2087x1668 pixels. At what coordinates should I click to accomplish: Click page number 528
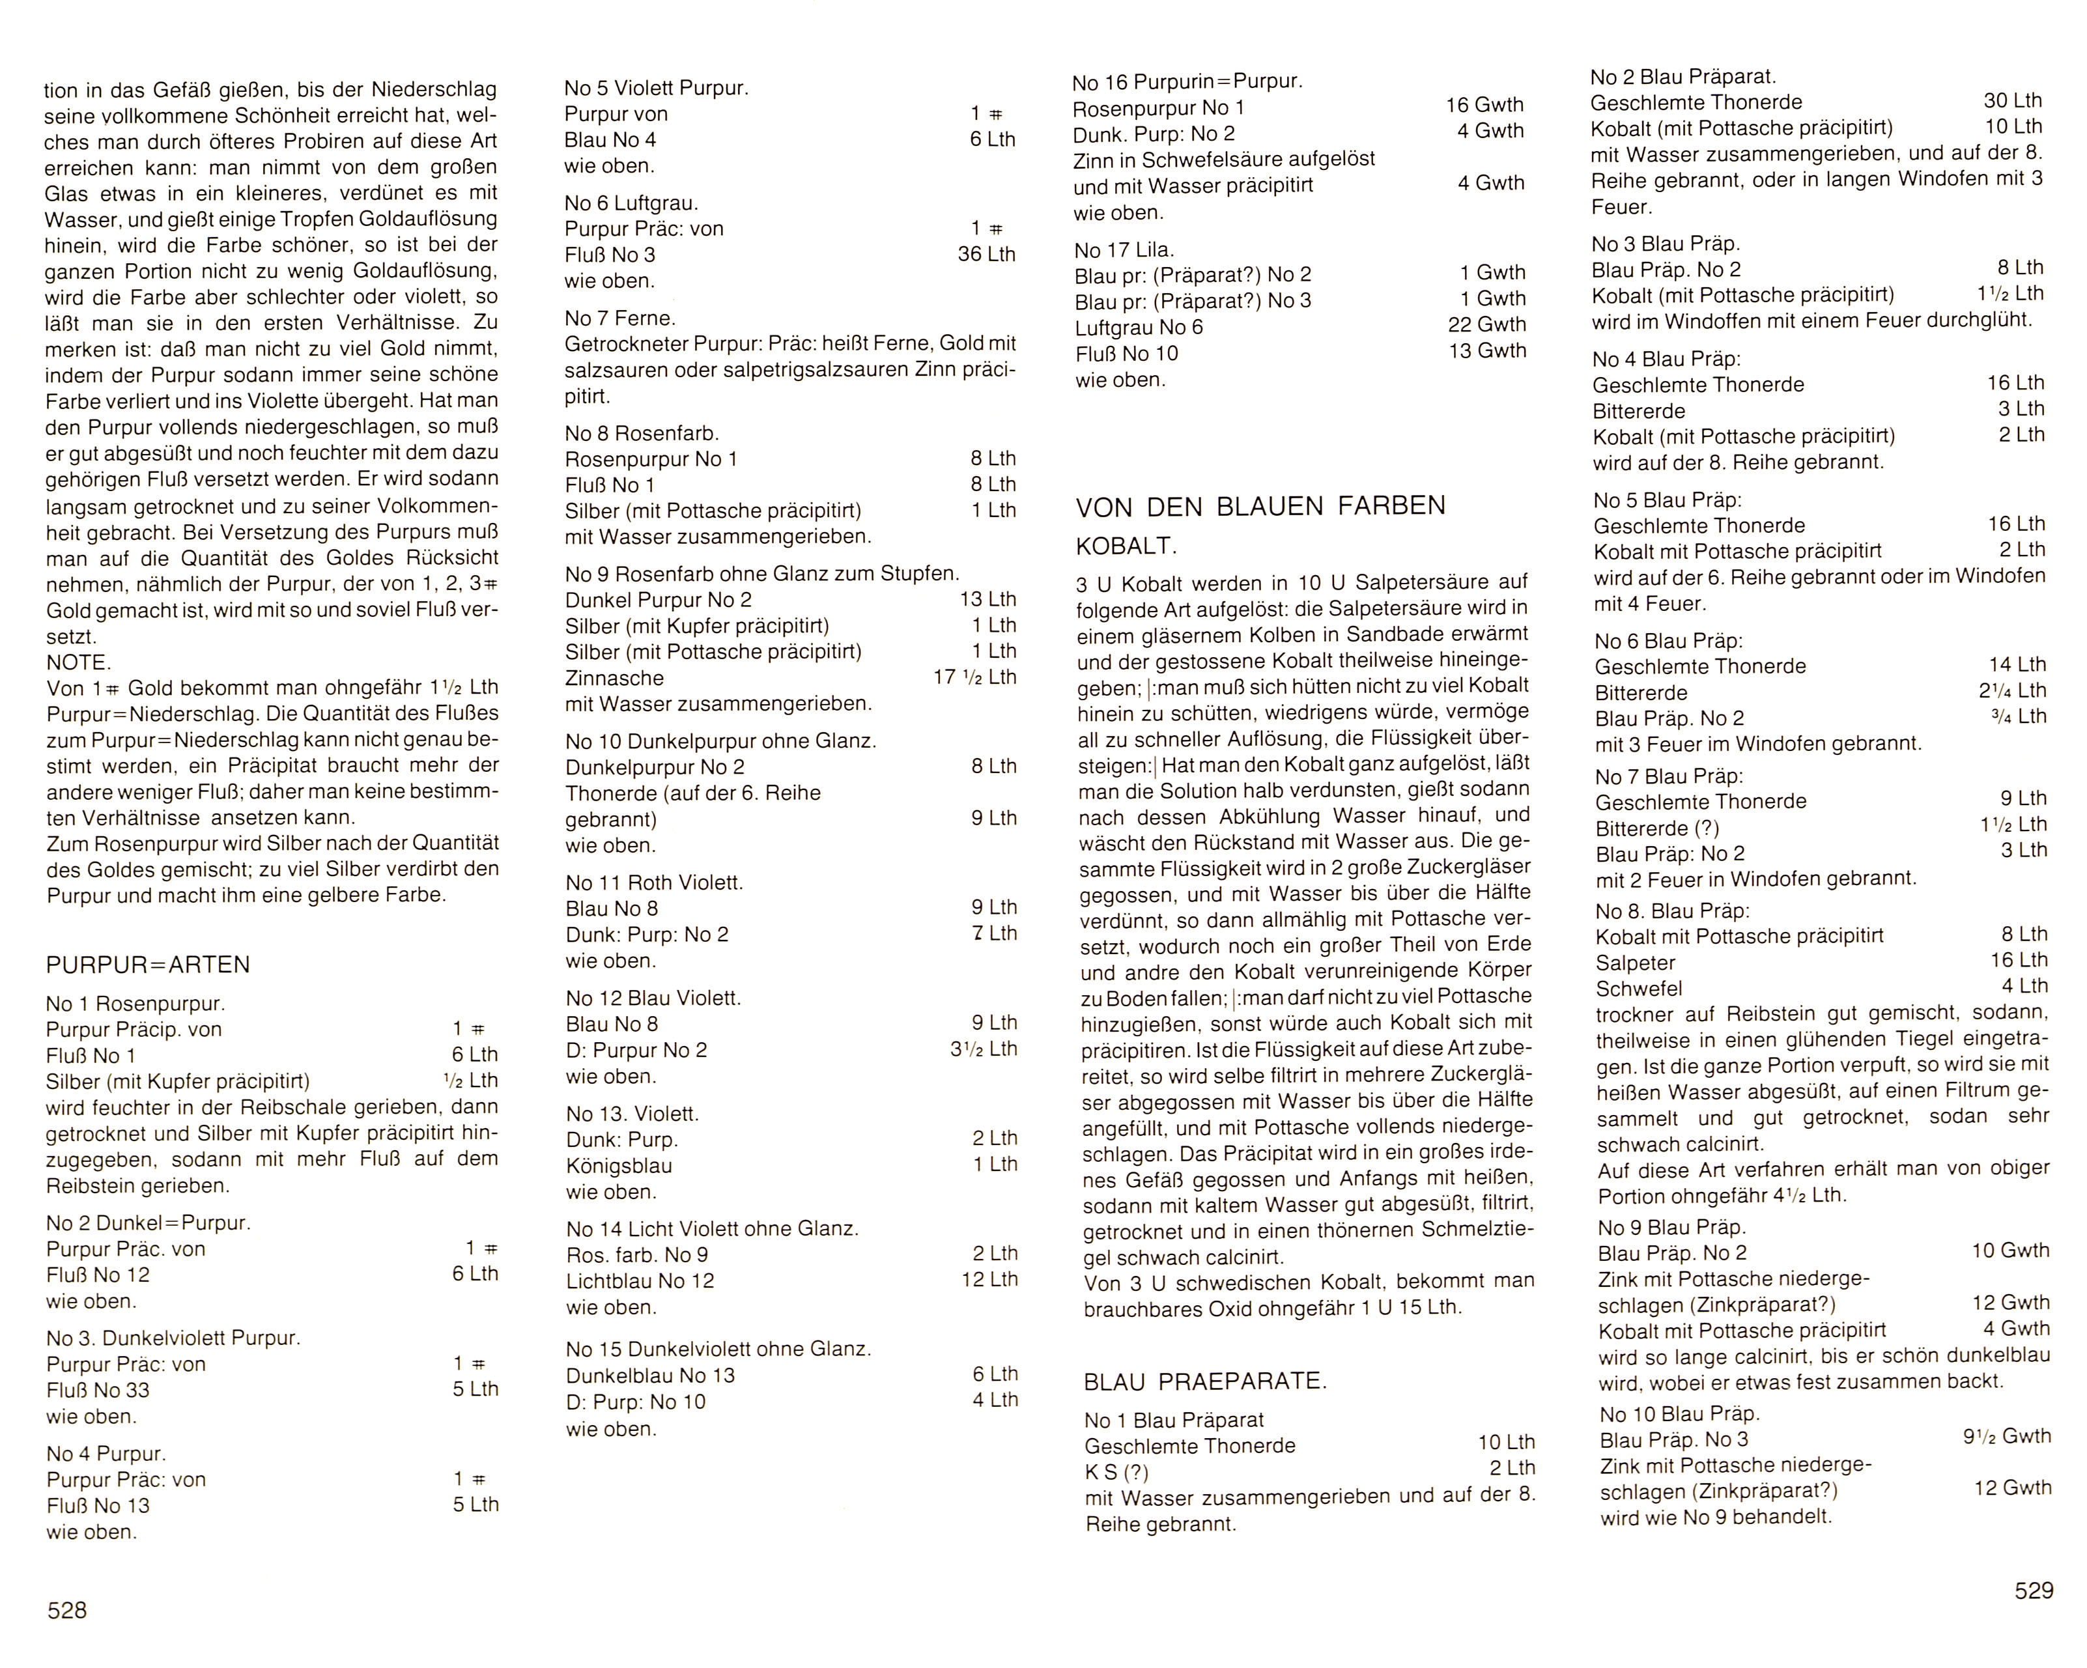67,1610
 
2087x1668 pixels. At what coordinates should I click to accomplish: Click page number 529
2033,1590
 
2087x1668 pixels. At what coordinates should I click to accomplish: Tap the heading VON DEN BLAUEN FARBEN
1260,505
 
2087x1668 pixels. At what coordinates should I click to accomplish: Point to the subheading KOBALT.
1126,546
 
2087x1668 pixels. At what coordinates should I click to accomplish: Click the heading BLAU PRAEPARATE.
1205,1381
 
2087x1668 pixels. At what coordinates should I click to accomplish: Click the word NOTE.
78,662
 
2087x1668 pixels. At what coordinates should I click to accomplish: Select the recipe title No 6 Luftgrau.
631,203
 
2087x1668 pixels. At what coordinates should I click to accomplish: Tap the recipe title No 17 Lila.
1124,249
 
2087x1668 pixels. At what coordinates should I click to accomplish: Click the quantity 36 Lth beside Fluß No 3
986,255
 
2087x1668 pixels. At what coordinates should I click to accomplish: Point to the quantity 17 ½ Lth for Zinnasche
974,677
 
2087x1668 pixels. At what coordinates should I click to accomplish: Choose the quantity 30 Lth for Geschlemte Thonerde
2013,101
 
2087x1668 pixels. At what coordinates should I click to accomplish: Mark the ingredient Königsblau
619,1166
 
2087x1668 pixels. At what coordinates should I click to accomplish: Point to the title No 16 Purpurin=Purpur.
1187,81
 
